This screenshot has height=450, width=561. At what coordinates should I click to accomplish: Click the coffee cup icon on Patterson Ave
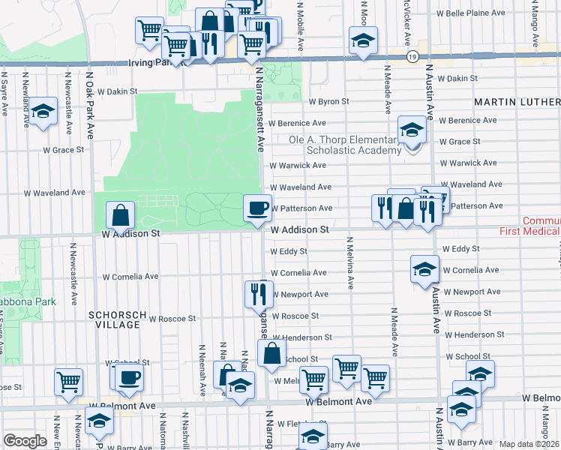coord(258,207)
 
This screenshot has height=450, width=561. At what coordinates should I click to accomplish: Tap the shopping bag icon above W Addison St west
coord(121,216)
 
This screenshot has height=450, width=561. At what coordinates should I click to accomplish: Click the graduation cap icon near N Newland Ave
coord(43,112)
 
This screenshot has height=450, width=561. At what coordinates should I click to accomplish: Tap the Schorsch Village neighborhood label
coord(113,319)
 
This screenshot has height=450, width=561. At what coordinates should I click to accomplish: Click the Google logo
coord(25,441)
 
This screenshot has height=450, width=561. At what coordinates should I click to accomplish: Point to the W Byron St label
coord(329,101)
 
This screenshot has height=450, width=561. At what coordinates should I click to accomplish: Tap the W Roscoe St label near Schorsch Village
coord(172,318)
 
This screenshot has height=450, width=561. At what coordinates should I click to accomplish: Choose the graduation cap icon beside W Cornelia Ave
coord(424,268)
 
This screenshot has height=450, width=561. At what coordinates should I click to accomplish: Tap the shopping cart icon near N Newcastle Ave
coord(69,381)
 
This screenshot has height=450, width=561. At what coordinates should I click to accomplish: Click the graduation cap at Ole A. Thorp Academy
coord(411,130)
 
